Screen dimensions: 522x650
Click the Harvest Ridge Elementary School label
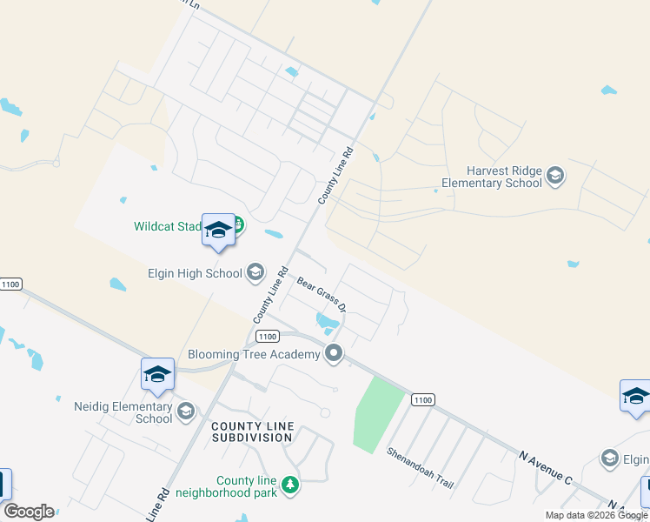492,177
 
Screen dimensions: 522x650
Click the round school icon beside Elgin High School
255,273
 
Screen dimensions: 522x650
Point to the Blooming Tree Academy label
254,355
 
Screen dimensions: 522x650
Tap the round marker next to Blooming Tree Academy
333,353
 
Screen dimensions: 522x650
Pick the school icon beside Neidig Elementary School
185,412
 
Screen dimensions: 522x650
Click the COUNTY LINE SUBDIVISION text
252,432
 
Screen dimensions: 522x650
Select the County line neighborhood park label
248,486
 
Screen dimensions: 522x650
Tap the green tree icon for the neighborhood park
290,485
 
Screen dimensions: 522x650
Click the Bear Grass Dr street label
322,295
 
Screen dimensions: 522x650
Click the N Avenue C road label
546,467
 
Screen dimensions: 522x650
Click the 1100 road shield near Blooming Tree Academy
268,336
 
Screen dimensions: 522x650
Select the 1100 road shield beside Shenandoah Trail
421,399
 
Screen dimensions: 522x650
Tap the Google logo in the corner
29,512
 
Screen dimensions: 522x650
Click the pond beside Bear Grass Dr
327,323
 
